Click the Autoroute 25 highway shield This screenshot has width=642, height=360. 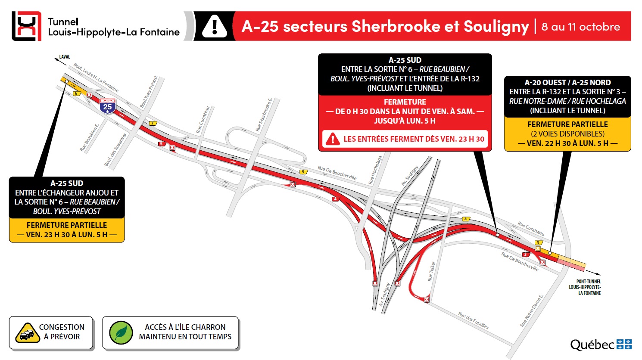pyautogui.click(x=107, y=106)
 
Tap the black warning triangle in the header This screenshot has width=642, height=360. pyautogui.click(x=214, y=26)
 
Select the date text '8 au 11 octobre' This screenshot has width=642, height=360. pyautogui.click(x=580, y=27)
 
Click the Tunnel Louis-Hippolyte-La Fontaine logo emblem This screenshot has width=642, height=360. pyautogui.click(x=27, y=26)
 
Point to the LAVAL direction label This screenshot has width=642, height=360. pyautogui.click(x=65, y=57)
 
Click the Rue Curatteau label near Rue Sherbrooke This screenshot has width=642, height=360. pyautogui.click(x=203, y=120)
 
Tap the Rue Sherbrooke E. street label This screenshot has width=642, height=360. pyautogui.click(x=264, y=115)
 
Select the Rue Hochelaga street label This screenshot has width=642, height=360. pyautogui.click(x=375, y=170)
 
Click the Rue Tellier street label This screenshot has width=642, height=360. pyautogui.click(x=431, y=271)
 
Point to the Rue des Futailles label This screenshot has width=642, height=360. pyautogui.click(x=473, y=320)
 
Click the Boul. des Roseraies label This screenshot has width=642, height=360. pyautogui.click(x=115, y=150)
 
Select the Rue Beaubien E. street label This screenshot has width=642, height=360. pyautogui.click(x=89, y=137)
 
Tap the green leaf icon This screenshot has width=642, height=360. pyautogui.click(x=121, y=333)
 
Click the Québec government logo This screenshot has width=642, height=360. pyautogui.click(x=601, y=344)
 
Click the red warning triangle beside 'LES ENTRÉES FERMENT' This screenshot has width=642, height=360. pyautogui.click(x=332, y=139)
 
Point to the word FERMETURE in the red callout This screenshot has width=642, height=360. pyautogui.click(x=405, y=102)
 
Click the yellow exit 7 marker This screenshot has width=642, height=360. pyautogui.click(x=153, y=124)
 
